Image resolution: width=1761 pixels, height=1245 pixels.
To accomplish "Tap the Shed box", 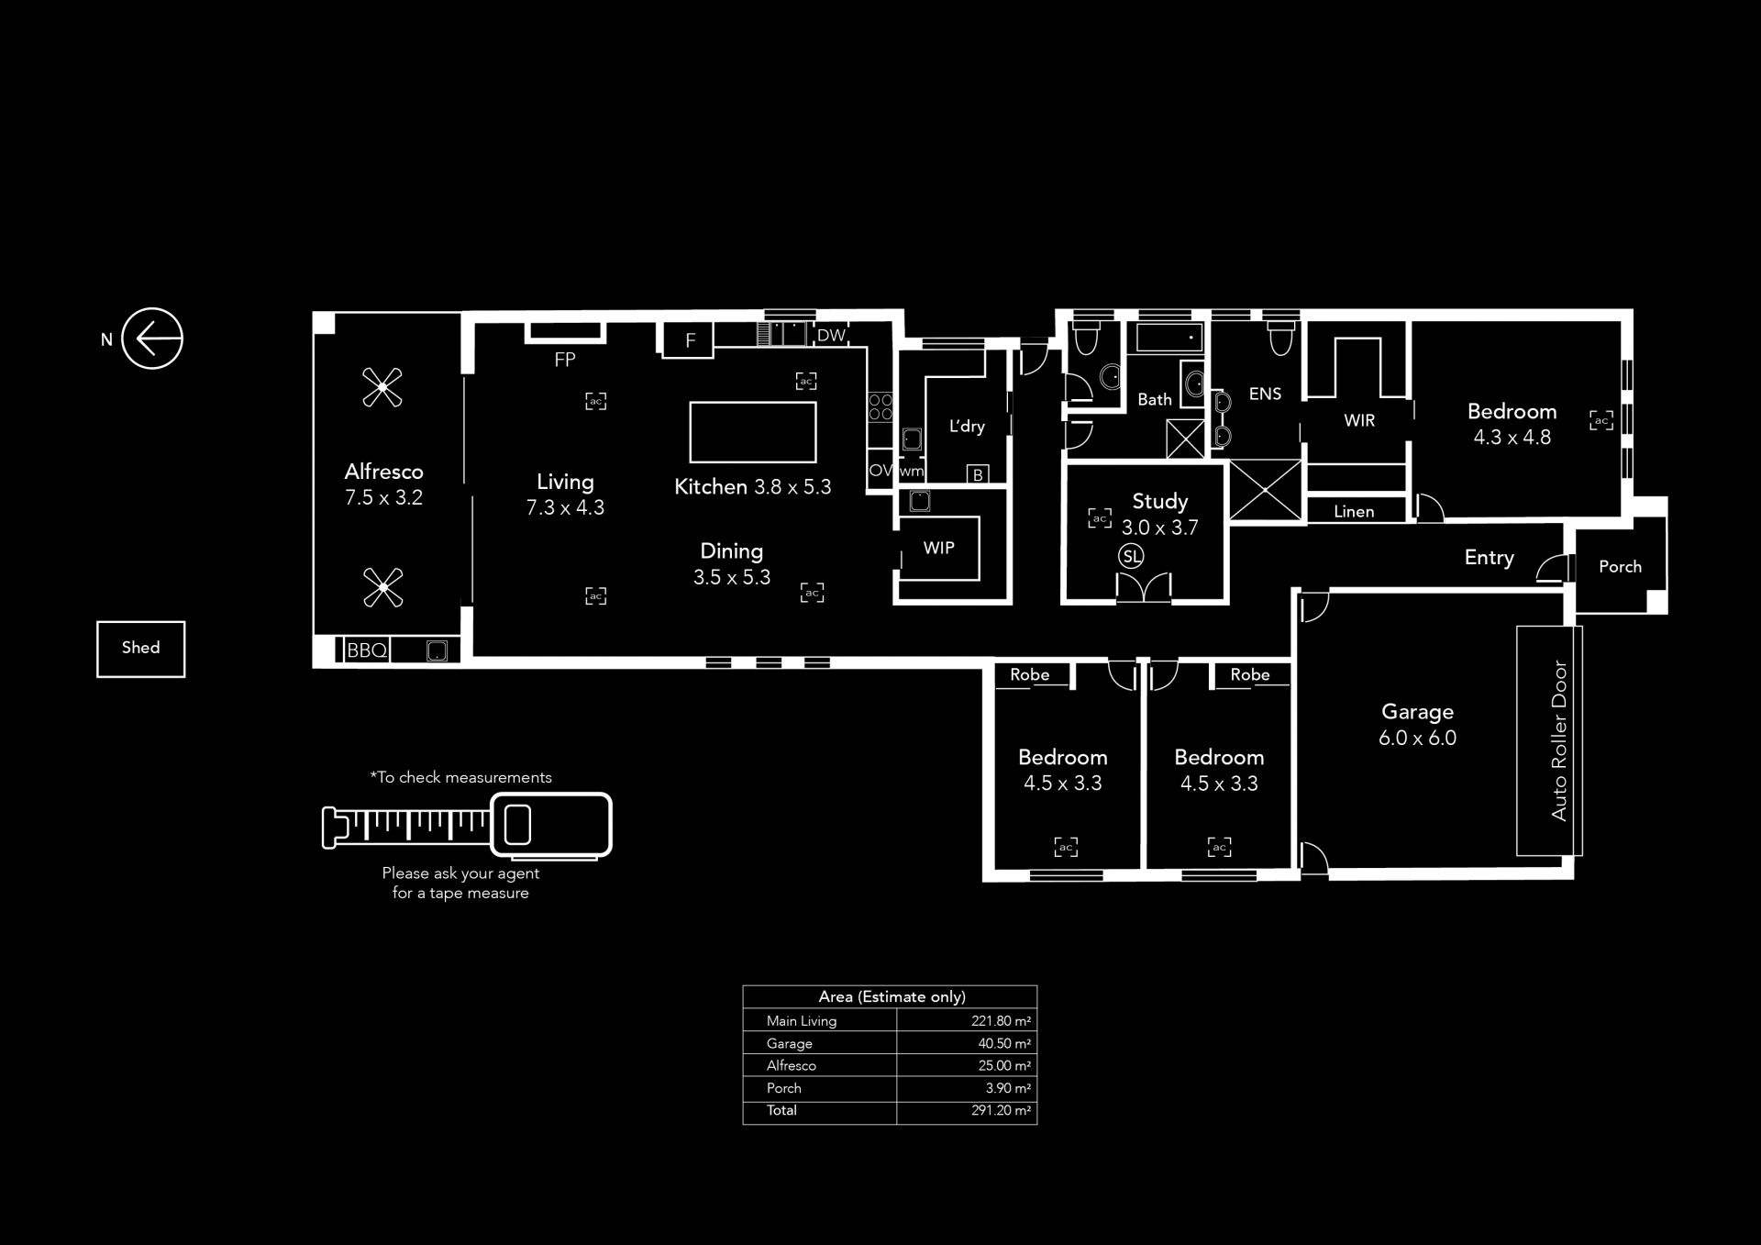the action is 140,649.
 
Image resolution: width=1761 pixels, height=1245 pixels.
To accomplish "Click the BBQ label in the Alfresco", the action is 367,650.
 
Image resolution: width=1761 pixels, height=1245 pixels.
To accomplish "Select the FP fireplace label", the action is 565,360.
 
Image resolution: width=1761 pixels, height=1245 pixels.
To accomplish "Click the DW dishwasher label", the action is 831,335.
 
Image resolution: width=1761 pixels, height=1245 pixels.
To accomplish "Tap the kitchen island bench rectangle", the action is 753,432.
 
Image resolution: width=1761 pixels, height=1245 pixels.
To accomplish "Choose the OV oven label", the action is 880,471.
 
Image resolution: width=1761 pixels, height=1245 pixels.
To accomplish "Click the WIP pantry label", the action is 938,548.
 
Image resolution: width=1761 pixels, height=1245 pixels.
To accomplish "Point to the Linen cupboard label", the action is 1354,511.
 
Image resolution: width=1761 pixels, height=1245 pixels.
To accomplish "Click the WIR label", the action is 1359,420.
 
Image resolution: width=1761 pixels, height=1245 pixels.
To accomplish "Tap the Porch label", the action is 1620,566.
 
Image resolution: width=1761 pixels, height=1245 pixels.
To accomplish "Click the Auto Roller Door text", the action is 1559,740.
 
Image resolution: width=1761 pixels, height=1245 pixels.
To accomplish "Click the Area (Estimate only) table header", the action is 892,996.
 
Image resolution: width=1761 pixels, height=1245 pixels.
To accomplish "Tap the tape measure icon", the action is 467,826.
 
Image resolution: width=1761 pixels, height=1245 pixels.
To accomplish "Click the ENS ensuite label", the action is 1265,394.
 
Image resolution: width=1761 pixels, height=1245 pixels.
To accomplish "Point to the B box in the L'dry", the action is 978,474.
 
